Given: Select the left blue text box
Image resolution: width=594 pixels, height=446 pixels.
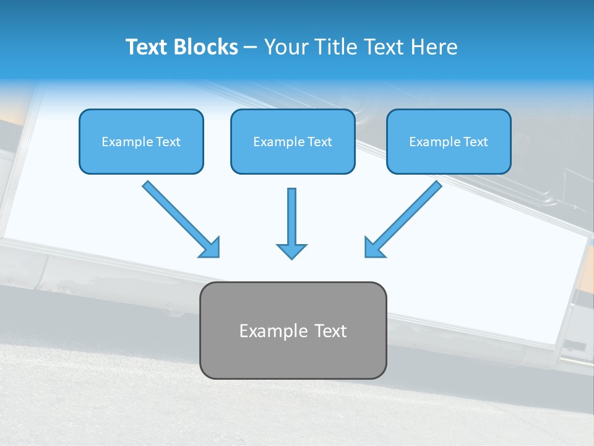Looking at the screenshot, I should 141,141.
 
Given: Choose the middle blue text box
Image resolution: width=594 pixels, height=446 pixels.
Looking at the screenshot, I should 293,141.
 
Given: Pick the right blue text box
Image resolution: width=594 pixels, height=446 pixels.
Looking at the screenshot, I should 449,141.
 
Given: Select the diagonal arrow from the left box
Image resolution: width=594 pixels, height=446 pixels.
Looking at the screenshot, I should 179,218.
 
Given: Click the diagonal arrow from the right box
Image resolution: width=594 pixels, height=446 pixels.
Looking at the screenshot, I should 405,218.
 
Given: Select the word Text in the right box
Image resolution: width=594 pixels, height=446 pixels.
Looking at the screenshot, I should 475,142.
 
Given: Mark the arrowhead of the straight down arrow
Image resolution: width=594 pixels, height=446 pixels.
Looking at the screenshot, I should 291,250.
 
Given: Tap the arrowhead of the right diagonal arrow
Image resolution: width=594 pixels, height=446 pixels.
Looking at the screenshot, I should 374,248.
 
